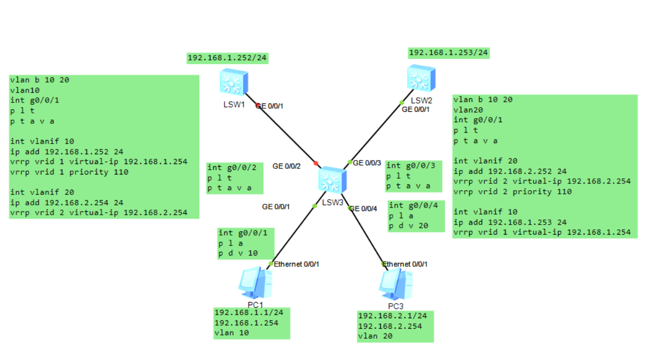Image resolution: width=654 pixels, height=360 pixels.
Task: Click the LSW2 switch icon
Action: click(422, 78)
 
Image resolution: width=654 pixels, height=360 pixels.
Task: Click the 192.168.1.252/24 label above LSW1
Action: click(227, 59)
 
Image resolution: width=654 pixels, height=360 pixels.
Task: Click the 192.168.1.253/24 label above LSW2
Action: click(448, 53)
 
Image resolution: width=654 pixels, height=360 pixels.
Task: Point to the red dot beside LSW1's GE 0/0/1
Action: click(258, 106)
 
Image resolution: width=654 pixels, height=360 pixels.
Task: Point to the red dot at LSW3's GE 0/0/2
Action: click(316, 164)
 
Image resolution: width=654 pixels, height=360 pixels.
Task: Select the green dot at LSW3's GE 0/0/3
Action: click(350, 162)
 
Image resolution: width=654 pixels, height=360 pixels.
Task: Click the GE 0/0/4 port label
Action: click(363, 209)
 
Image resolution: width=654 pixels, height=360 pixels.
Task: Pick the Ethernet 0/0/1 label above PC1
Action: click(296, 264)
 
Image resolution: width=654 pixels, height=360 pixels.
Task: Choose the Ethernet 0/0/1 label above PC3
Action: click(405, 264)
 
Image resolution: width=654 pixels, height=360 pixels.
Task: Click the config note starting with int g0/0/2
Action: click(235, 178)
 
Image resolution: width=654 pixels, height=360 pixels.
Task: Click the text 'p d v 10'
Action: click(238, 253)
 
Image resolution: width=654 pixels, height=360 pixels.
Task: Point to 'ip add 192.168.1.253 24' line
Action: click(509, 222)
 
